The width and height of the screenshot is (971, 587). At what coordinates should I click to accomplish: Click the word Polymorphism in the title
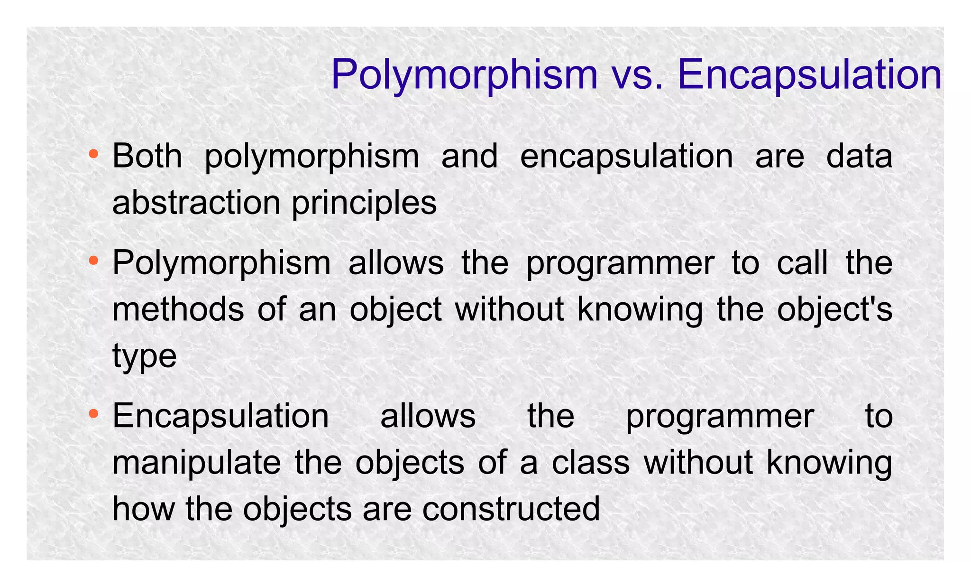(464, 75)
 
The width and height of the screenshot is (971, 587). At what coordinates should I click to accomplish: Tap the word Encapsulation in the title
(809, 75)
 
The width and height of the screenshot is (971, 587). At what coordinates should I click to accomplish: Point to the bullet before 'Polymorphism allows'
(93, 260)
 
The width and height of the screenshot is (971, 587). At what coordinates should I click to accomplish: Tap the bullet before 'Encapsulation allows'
(93, 414)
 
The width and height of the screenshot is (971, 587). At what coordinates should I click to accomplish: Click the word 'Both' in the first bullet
(147, 156)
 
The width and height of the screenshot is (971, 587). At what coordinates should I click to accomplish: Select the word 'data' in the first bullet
(859, 156)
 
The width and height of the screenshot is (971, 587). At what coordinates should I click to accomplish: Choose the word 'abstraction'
(196, 203)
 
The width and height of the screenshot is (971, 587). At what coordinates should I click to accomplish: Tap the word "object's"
(834, 310)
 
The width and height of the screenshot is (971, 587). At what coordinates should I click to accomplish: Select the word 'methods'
(178, 309)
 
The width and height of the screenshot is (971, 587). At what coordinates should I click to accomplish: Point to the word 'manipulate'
(196, 463)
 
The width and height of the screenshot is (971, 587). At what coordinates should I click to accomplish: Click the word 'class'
(590, 463)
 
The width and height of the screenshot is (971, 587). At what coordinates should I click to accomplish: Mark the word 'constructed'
(511, 509)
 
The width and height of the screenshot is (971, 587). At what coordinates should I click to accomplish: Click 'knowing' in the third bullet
(829, 463)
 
